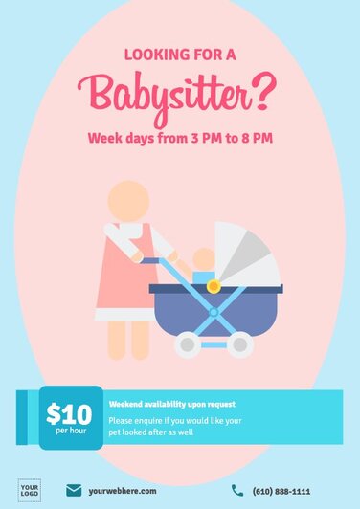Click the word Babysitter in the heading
[167, 94]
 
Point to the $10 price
[69, 414]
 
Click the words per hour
[70, 432]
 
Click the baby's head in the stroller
[204, 259]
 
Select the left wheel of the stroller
[189, 345]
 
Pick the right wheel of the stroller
[239, 345]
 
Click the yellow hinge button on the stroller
[214, 285]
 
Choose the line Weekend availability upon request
[171, 404]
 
